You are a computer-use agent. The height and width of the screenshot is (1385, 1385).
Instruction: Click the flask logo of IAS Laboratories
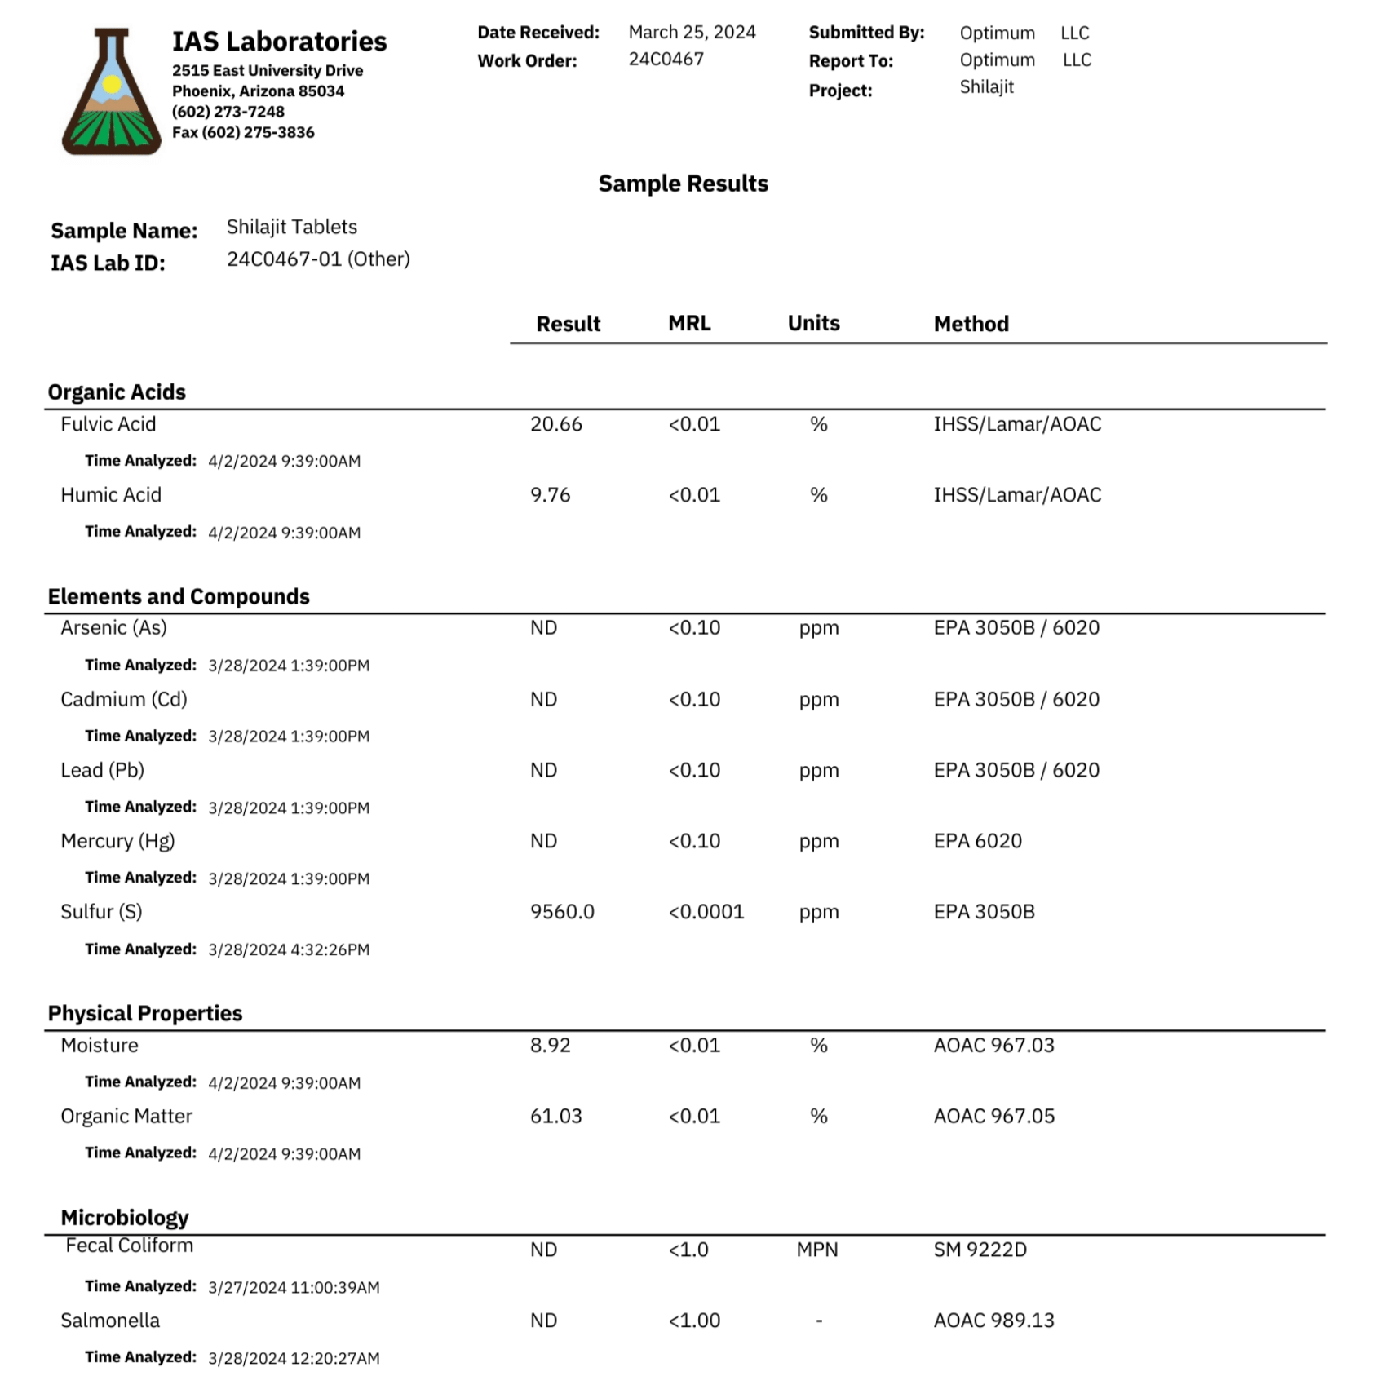click(x=111, y=92)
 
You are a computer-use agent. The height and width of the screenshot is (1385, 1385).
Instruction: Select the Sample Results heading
click(x=683, y=184)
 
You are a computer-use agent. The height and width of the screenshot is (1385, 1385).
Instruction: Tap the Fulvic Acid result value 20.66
click(x=556, y=424)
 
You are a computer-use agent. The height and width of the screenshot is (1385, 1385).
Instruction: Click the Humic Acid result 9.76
click(x=551, y=495)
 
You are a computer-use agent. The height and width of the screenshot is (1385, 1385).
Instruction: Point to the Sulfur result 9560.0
click(x=562, y=912)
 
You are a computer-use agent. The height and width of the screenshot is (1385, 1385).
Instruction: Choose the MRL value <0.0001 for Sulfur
click(x=706, y=912)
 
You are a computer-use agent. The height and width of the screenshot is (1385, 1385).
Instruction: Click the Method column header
click(x=971, y=324)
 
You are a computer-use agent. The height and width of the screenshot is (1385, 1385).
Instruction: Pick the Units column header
click(x=813, y=323)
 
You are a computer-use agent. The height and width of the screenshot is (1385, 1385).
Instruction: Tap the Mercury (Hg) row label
click(x=117, y=841)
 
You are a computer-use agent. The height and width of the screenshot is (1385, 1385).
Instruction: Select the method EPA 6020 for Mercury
click(x=977, y=841)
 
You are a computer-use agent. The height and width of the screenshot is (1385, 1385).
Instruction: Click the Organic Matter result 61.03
click(x=556, y=1116)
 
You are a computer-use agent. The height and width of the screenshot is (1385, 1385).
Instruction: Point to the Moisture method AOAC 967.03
click(x=993, y=1045)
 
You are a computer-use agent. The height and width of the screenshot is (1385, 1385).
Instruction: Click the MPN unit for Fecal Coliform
click(x=817, y=1250)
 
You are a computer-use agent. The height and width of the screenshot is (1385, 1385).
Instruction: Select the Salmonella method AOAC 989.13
click(x=993, y=1321)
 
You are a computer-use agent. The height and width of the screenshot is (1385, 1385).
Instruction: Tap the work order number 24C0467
click(x=666, y=60)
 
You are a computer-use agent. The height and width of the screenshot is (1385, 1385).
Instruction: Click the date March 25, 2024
click(x=692, y=33)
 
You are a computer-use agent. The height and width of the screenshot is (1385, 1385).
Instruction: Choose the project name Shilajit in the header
click(x=986, y=87)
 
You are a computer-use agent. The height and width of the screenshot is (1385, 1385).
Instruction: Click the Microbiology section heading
click(x=125, y=1218)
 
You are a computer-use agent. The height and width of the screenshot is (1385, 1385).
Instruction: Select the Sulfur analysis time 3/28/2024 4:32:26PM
click(x=289, y=949)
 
